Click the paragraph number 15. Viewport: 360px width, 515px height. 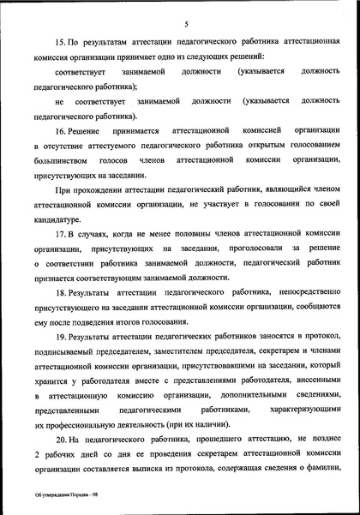coord(60,43)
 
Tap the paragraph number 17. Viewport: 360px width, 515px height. coord(60,234)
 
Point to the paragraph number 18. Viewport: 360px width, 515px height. coord(60,294)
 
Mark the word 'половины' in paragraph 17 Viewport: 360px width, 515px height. coord(189,234)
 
